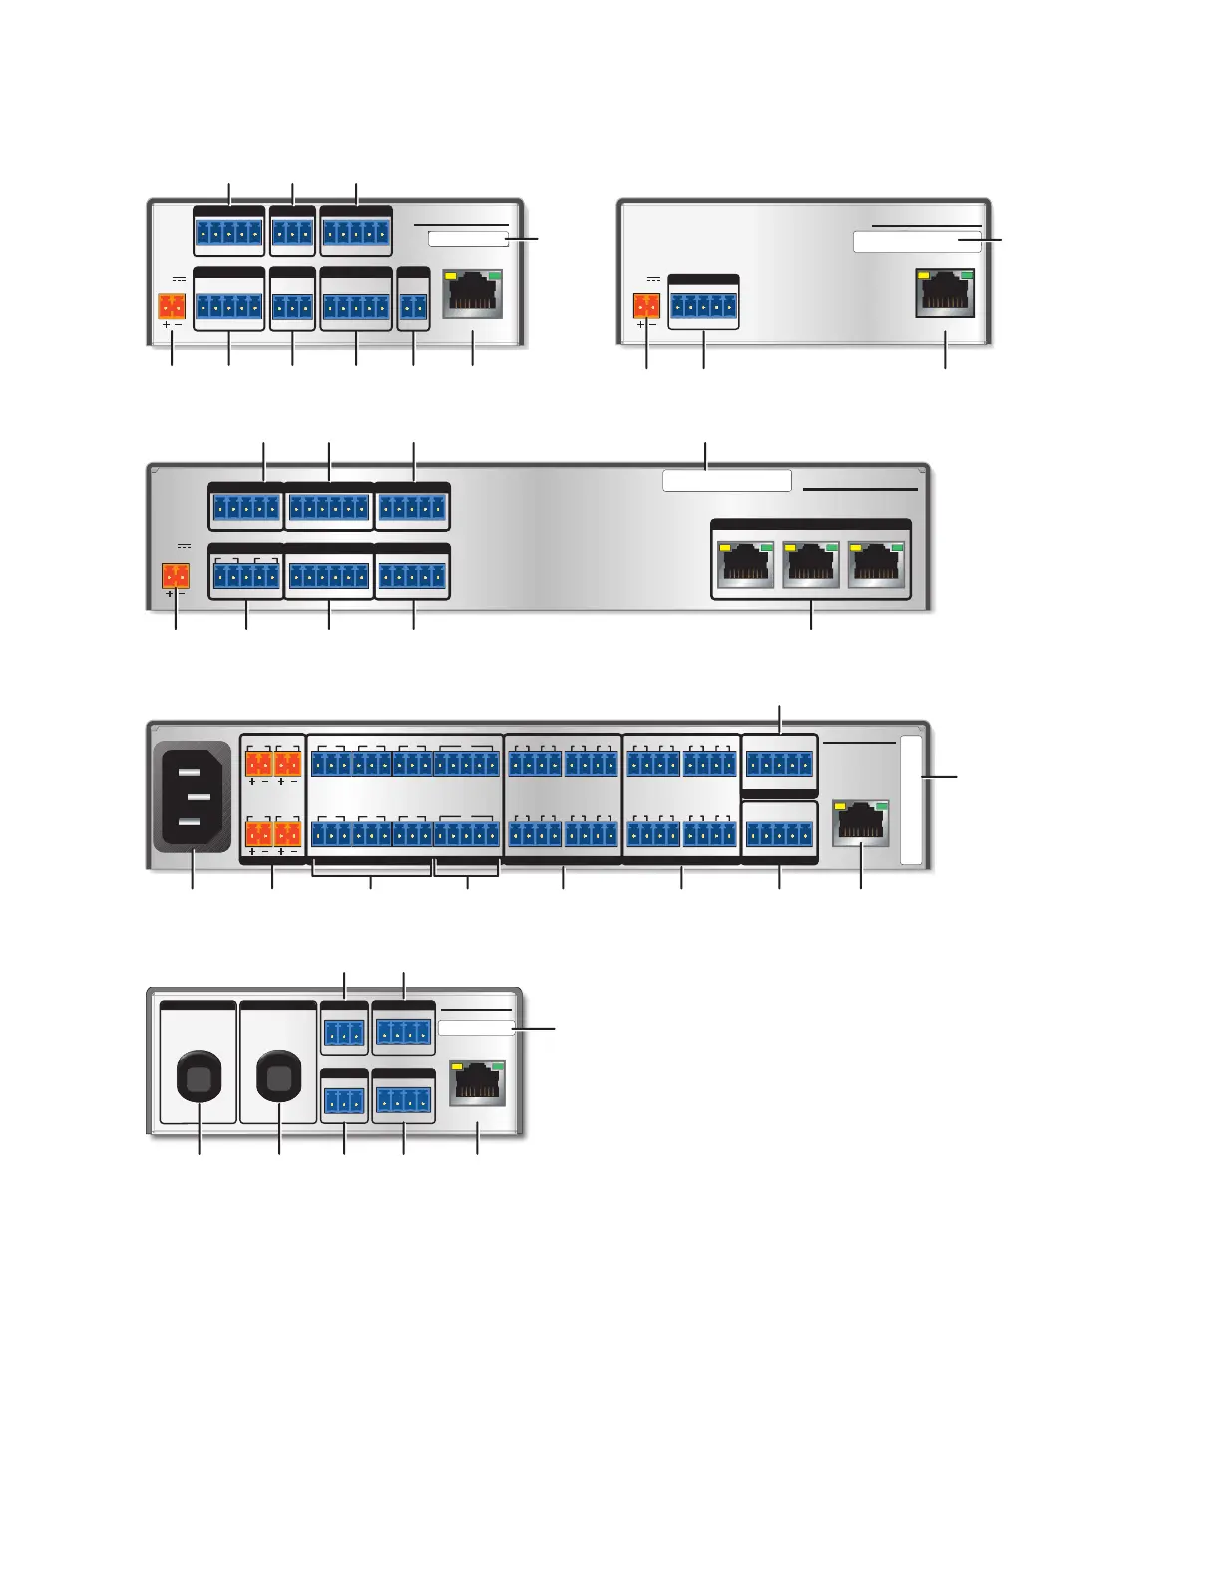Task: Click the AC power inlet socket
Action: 193,795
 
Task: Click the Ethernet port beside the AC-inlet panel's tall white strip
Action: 860,822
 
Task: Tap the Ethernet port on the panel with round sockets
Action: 478,1083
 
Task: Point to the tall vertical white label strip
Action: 911,800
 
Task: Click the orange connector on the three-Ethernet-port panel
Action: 176,576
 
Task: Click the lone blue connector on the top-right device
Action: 704,307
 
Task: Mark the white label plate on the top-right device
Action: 917,241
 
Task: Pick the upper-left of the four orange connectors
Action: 258,764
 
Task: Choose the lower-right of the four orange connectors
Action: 287,833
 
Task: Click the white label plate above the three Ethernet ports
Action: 727,481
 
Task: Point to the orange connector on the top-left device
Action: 173,305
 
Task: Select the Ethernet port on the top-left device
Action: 472,294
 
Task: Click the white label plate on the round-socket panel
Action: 476,1027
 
